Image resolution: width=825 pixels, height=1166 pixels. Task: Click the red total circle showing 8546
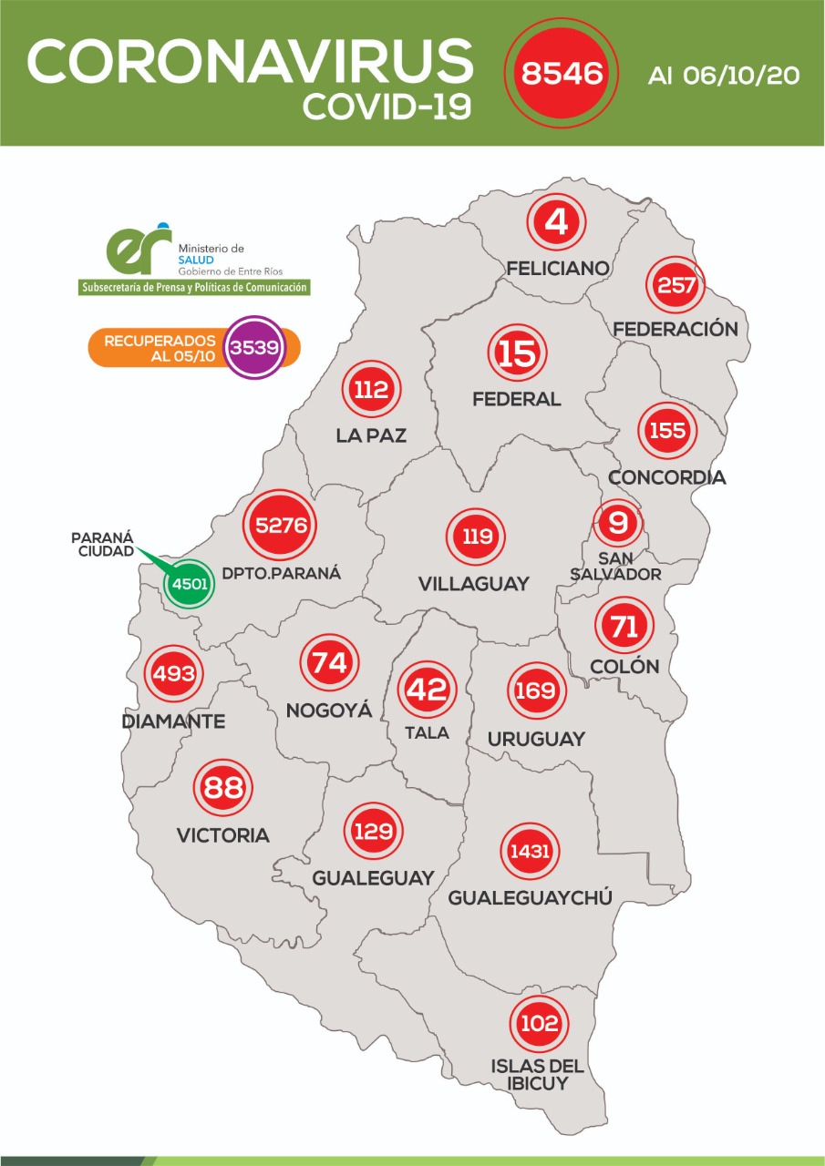tap(560, 73)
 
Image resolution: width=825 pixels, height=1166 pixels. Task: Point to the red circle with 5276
tap(281, 526)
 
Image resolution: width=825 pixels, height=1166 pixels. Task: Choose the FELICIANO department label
tap(558, 269)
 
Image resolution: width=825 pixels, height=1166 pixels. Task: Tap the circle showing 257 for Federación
tap(675, 285)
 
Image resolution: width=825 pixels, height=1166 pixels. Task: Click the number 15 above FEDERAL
tap(517, 354)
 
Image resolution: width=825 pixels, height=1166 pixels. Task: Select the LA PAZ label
tap(371, 435)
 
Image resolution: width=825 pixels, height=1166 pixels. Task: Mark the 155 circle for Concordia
tap(667, 430)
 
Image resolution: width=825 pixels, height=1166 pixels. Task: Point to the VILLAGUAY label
tap(473, 584)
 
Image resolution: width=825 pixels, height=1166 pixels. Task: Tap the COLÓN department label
tap(624, 666)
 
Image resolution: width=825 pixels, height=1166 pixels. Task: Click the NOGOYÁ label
tap(329, 711)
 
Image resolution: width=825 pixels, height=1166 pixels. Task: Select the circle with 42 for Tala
tap(427, 689)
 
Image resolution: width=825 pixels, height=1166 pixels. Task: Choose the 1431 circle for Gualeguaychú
tap(529, 852)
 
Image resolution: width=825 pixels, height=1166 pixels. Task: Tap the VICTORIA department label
tap(223, 834)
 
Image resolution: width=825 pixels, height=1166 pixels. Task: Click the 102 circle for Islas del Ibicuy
tap(538, 1023)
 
